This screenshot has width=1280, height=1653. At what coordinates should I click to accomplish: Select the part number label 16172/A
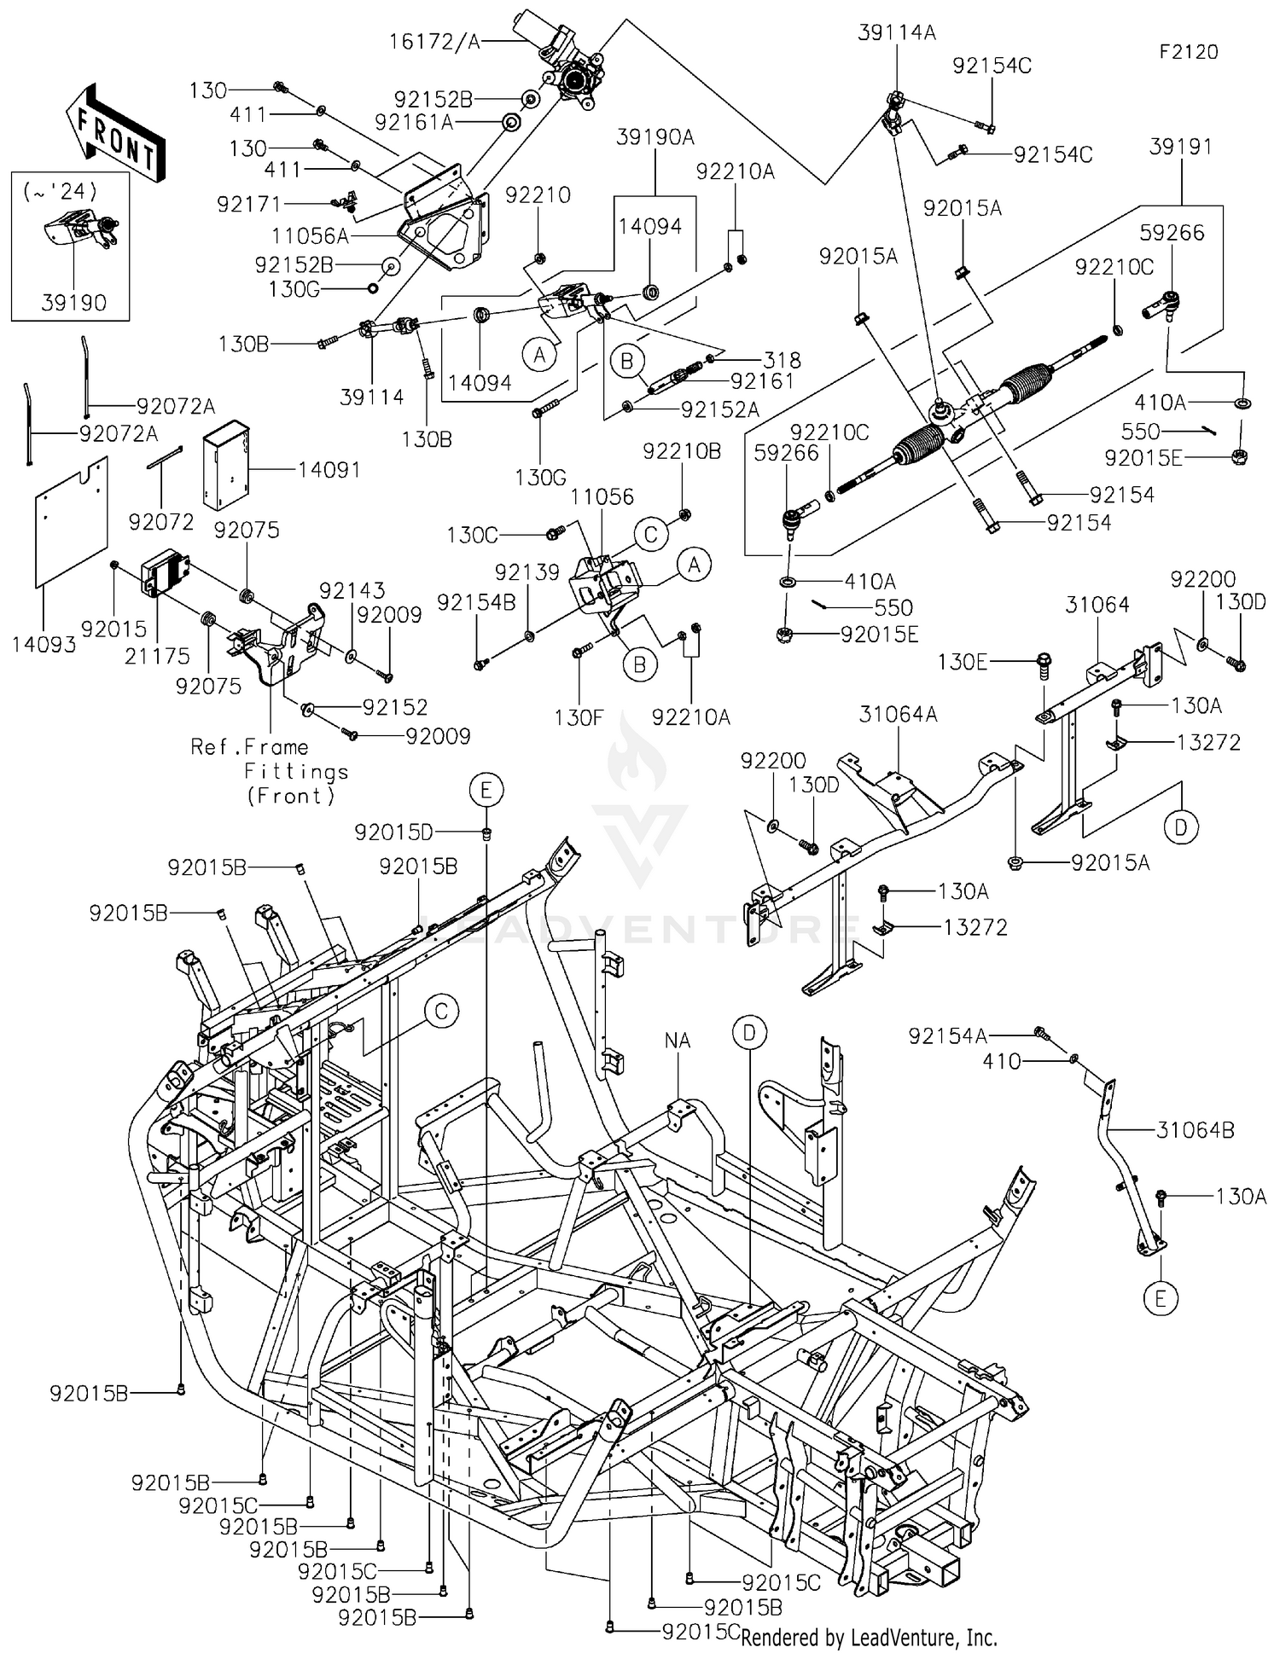pos(435,40)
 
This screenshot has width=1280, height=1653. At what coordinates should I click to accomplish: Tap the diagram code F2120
pos(1189,52)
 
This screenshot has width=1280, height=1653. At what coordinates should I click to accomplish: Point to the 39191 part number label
pos(1180,147)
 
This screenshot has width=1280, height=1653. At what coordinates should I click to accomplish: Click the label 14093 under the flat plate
pos(44,645)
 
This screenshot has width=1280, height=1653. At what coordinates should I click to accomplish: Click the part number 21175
pos(157,655)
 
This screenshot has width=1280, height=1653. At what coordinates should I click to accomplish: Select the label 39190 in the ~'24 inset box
pos(73,303)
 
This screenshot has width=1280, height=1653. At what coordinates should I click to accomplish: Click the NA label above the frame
pos(677,1041)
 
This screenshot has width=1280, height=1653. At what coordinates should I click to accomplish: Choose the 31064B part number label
pos(1196,1130)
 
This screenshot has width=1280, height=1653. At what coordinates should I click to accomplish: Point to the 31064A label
pos(898,715)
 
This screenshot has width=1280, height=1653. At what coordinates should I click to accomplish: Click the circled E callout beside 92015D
pos(486,791)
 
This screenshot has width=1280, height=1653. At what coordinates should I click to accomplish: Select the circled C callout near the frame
pos(441,1012)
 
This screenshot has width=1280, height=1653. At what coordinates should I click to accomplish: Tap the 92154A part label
pos(947,1035)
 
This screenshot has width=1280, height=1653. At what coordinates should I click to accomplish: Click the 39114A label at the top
pos(897,33)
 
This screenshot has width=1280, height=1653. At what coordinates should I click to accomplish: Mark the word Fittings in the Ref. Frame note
pos(296,772)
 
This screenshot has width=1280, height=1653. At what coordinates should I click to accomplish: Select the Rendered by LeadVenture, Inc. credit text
pos(869,1638)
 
